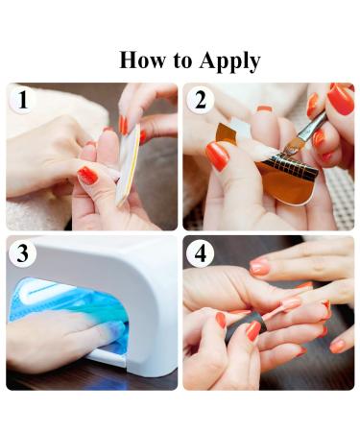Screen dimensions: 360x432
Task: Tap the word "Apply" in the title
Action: click(x=229, y=61)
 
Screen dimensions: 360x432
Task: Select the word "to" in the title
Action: click(x=182, y=61)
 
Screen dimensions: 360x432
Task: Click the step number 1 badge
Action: click(x=22, y=100)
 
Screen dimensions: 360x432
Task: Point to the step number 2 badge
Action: click(x=201, y=100)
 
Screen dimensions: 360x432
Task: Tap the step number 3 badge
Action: click(x=22, y=253)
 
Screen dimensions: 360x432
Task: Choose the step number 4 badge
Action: click(x=201, y=253)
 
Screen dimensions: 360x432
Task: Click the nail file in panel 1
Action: click(x=128, y=165)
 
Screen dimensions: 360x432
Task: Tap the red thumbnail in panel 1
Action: click(x=87, y=175)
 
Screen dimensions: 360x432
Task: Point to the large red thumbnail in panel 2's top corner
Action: click(x=341, y=99)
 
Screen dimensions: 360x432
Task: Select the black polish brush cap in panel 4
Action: click(x=247, y=328)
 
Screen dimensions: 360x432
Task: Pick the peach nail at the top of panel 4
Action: click(x=259, y=267)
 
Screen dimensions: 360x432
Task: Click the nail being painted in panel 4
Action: click(x=291, y=303)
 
